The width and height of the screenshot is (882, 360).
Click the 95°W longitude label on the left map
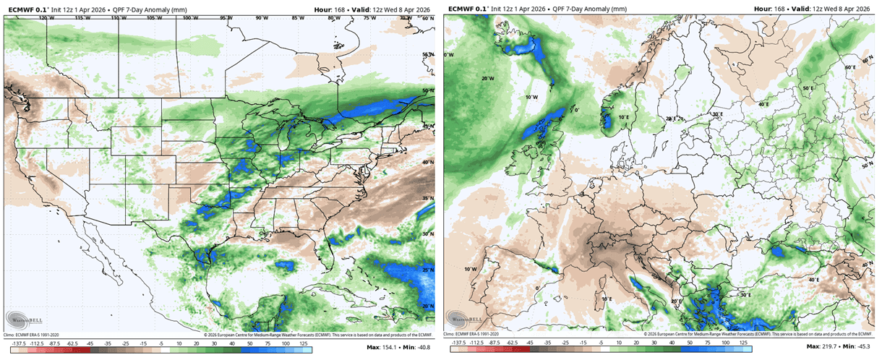[226, 17]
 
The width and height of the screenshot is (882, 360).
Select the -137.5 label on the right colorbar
[459, 344]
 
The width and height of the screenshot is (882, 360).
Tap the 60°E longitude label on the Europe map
[849, 68]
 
